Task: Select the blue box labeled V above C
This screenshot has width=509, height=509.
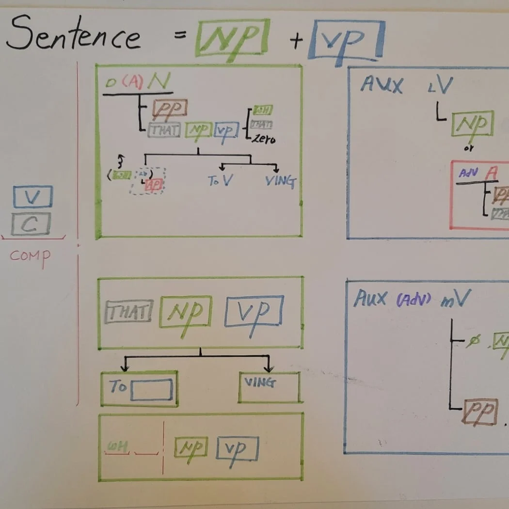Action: (x=32, y=196)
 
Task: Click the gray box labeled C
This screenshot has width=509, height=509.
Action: (x=31, y=224)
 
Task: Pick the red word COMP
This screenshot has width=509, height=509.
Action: (x=30, y=255)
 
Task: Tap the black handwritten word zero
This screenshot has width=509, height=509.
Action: (x=263, y=139)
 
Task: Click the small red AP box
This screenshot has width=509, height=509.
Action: (x=153, y=185)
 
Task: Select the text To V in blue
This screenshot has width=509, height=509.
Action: (x=221, y=181)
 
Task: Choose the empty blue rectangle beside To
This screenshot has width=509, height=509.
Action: (x=151, y=389)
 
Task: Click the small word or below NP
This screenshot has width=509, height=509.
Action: (x=469, y=148)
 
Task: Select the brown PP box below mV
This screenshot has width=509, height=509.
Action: (x=480, y=413)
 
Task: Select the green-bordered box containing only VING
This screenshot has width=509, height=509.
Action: (x=269, y=387)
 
